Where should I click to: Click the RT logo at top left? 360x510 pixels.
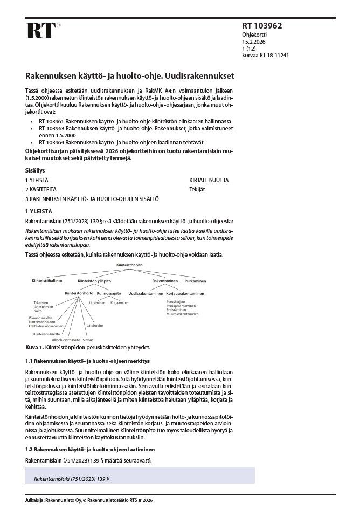[x=40, y=30]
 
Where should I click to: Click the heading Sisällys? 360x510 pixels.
[x=34, y=170]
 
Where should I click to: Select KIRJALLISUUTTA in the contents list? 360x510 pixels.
[x=209, y=180]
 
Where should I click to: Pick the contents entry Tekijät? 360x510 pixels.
[x=197, y=189]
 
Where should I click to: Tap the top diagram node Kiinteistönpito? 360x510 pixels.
[x=129, y=266]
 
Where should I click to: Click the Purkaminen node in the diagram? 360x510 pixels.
[x=195, y=281]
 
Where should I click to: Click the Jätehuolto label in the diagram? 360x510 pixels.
[x=95, y=326]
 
